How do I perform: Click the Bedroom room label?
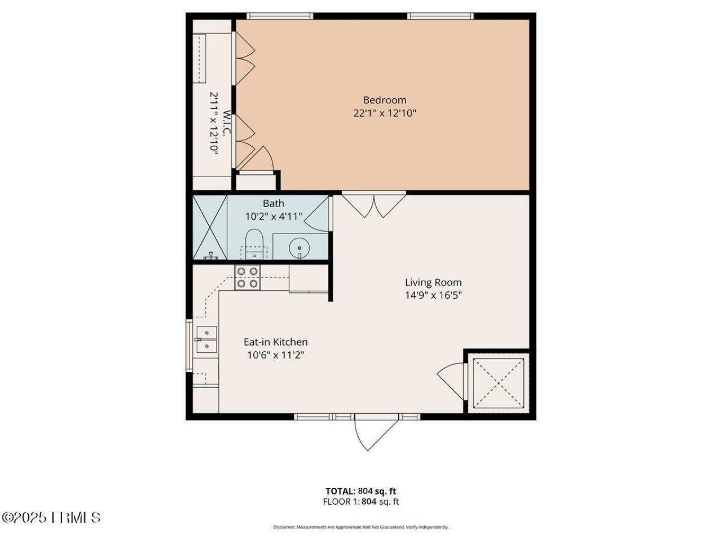pyautogui.click(x=384, y=100)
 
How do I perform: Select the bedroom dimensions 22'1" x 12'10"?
pyautogui.click(x=384, y=113)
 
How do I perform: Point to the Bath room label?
pyautogui.click(x=274, y=203)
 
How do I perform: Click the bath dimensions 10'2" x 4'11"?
pyautogui.click(x=274, y=216)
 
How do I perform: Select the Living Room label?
pyautogui.click(x=433, y=282)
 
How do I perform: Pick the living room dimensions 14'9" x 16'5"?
pyautogui.click(x=433, y=295)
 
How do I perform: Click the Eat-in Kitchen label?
pyautogui.click(x=275, y=342)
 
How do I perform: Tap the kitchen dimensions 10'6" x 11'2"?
pyautogui.click(x=275, y=355)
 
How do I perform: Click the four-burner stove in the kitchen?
pyautogui.click(x=248, y=277)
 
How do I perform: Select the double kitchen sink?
pyautogui.click(x=206, y=339)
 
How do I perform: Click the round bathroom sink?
pyautogui.click(x=298, y=247)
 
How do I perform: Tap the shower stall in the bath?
pyautogui.click(x=210, y=227)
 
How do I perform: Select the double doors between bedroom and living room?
pyautogui.click(x=374, y=204)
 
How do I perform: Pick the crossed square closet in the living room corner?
pyautogui.click(x=498, y=382)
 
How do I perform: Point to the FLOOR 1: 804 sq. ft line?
pyautogui.click(x=360, y=501)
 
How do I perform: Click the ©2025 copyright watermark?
pyautogui.click(x=51, y=517)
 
